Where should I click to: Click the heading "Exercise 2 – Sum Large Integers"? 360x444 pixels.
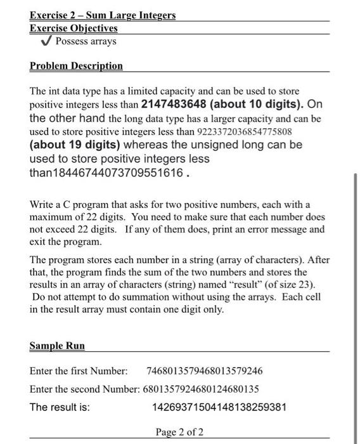tap(103, 15)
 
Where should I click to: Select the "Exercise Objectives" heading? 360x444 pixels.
tap(73, 28)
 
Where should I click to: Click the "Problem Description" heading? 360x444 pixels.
tap(76, 66)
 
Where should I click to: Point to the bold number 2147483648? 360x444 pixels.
tap(174, 104)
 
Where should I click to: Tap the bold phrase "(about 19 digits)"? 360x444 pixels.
tap(75, 145)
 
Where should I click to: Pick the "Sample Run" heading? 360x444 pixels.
tap(57, 346)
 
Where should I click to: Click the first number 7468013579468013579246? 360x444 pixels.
tap(204, 370)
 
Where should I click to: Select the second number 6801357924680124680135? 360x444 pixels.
tap(200, 388)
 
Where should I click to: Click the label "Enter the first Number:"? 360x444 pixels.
tap(79, 370)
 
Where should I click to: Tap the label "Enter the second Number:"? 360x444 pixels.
tap(83, 388)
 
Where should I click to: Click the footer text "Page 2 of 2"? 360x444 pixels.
tap(179, 432)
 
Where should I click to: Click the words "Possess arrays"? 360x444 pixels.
tap(86, 41)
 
